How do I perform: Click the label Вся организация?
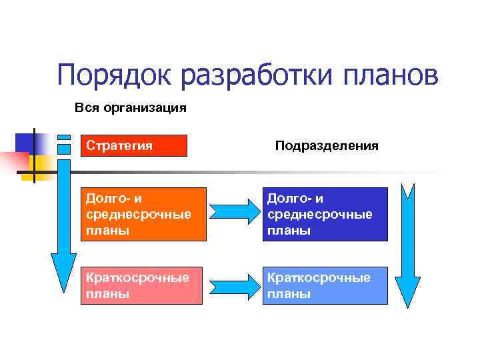[x=130, y=107]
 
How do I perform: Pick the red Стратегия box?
[x=133, y=145]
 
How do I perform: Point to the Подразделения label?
[x=327, y=145]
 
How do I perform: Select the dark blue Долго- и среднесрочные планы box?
[x=327, y=214]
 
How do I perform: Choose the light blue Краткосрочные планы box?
[x=327, y=285]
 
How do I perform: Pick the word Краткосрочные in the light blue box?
[x=319, y=277]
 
